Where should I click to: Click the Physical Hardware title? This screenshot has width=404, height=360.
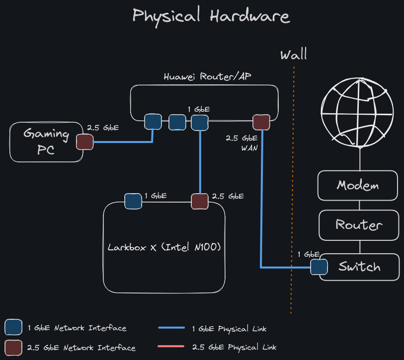click(211, 16)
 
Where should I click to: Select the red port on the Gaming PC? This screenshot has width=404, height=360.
click(85, 142)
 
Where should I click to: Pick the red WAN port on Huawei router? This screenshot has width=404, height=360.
click(261, 122)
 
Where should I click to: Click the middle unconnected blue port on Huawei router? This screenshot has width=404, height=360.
click(176, 122)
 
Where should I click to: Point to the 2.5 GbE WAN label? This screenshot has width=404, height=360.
click(242, 143)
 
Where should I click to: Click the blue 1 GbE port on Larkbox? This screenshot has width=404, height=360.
click(133, 201)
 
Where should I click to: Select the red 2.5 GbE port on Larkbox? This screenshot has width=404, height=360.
click(200, 201)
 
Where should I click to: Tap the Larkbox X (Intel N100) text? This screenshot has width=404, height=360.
click(164, 247)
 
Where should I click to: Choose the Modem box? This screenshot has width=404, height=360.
click(358, 186)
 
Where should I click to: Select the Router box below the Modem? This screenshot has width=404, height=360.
click(358, 224)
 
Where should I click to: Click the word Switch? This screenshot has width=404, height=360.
click(359, 267)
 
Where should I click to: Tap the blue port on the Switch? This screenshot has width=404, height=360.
click(319, 267)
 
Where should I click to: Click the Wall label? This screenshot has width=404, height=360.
click(293, 54)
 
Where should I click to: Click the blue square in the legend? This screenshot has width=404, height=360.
click(13, 328)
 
